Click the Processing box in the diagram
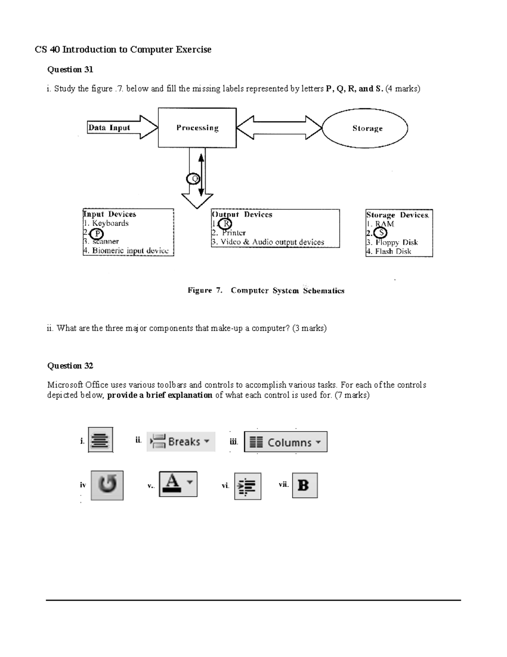[x=197, y=128]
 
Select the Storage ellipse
[x=365, y=128]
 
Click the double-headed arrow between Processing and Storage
[x=279, y=127]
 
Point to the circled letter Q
[x=193, y=179]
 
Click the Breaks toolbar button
[x=181, y=442]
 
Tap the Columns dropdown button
[x=286, y=442]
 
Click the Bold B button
[x=304, y=485]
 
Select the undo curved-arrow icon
[x=107, y=485]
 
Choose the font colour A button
[x=178, y=484]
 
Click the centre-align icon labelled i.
[x=101, y=440]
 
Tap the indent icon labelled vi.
[x=248, y=486]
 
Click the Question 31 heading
[x=70, y=69]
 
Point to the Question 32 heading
[x=70, y=366]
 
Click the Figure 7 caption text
[x=266, y=291]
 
